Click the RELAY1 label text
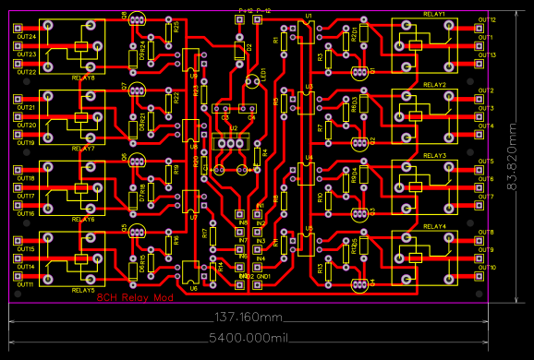pyautogui.click(x=434, y=14)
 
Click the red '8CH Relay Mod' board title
pyautogui.click(x=135, y=296)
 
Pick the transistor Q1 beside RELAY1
pyautogui.click(x=359, y=70)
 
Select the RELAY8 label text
pyautogui.click(x=83, y=78)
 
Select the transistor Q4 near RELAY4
pyautogui.click(x=359, y=282)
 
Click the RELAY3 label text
pyautogui.click(x=434, y=156)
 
